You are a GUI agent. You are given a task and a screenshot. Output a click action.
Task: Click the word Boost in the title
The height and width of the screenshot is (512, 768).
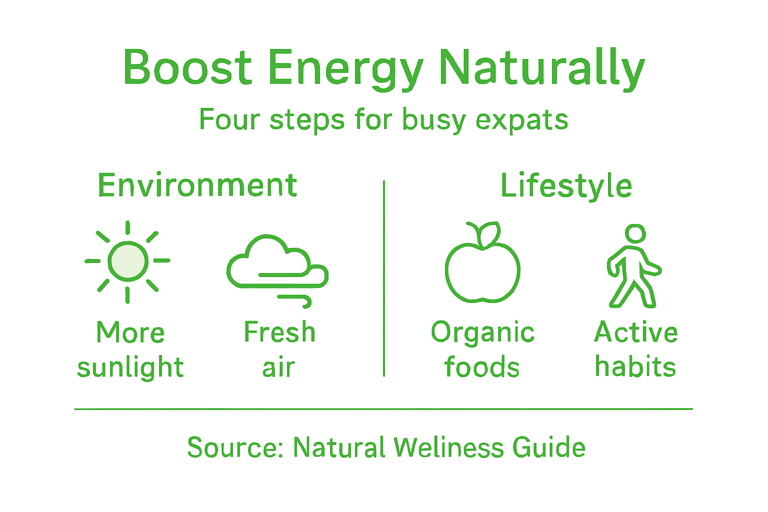(x=187, y=67)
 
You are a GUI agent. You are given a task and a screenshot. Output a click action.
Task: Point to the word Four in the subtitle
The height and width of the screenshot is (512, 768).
(x=229, y=119)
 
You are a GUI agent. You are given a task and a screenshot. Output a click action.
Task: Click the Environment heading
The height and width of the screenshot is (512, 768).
(x=197, y=185)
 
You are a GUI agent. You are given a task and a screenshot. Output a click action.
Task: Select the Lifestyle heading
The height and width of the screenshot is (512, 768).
(x=566, y=186)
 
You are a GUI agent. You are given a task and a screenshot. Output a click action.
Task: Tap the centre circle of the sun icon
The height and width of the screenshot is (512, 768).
(x=128, y=261)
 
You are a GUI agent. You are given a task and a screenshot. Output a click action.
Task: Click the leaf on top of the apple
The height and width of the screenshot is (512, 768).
(x=488, y=233)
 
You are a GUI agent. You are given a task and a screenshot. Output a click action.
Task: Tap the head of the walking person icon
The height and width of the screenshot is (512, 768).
(x=635, y=233)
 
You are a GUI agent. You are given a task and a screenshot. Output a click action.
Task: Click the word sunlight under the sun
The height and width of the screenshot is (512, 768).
(x=130, y=367)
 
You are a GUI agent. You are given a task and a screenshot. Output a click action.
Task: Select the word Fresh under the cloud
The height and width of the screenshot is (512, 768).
(x=279, y=332)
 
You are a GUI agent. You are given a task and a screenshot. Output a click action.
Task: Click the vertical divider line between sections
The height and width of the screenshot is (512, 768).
(x=384, y=280)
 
